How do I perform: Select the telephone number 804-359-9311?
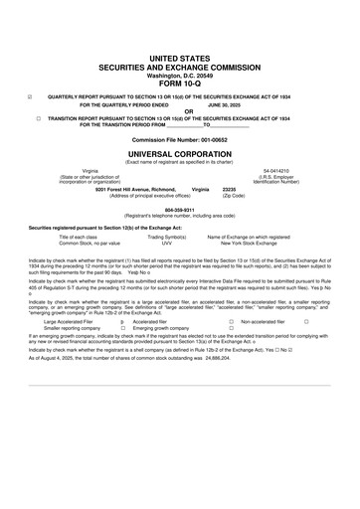pyautogui.click(x=179, y=210)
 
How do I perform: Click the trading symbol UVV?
pyautogui.click(x=167, y=243)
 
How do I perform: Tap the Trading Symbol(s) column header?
pyautogui.click(x=167, y=237)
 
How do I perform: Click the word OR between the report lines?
pyautogui.click(x=179, y=110)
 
